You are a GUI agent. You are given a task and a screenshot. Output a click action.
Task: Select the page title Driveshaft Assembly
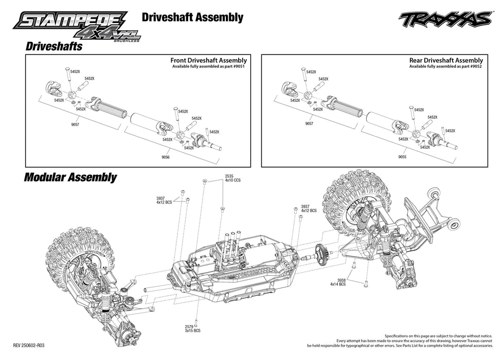click(192, 17)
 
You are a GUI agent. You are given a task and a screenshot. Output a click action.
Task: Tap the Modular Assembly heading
click(70, 178)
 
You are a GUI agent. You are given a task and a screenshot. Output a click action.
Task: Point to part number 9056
click(165, 157)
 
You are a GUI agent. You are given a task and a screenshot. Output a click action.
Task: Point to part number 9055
click(401, 157)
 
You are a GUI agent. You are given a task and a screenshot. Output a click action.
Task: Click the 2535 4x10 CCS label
click(232, 179)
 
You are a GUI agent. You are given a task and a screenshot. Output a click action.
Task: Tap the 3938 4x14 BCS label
click(337, 282)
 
